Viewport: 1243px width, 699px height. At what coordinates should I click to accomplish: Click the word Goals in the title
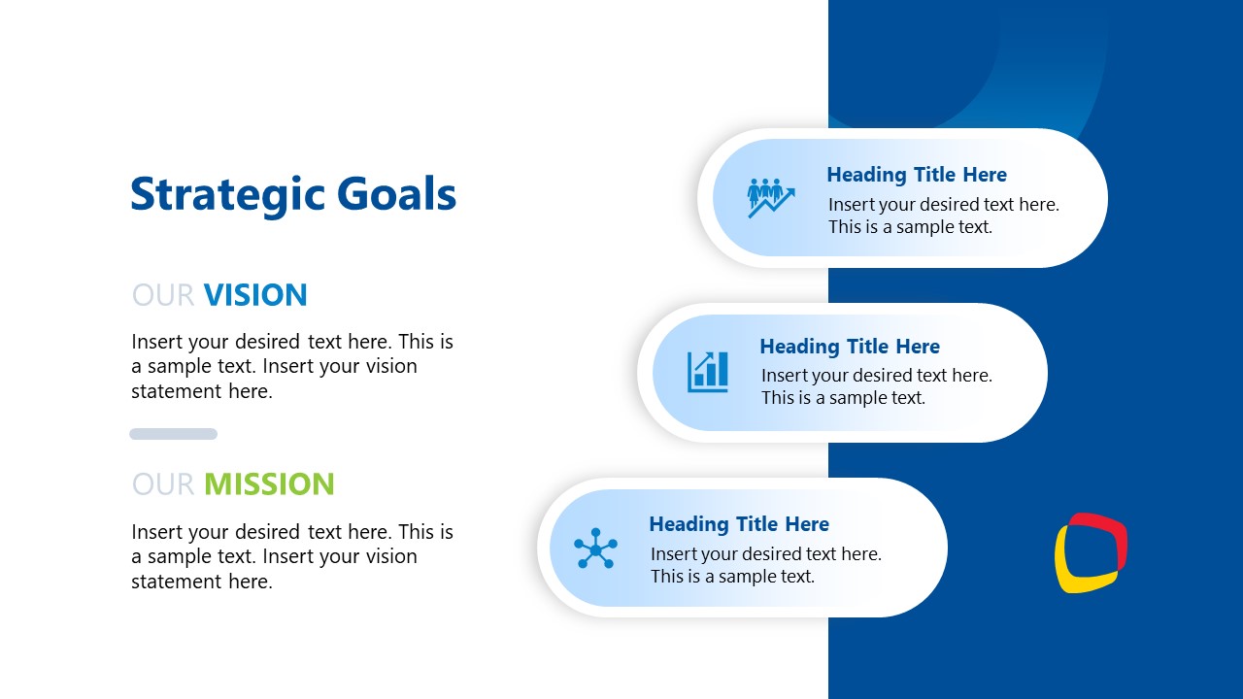396,194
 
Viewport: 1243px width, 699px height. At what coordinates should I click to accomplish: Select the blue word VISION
255,295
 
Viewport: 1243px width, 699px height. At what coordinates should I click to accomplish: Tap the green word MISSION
269,483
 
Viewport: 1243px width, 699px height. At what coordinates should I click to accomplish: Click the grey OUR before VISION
163,295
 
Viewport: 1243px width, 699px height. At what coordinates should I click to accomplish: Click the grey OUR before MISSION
163,483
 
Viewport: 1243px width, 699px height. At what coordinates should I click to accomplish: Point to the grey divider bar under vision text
173,434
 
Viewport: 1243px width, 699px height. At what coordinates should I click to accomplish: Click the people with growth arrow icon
771,197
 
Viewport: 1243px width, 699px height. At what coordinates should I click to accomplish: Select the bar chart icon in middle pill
708,372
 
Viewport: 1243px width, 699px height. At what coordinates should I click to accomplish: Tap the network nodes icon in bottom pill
595,549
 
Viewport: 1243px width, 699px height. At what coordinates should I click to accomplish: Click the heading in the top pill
916,175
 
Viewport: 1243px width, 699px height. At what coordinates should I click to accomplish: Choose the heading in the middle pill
849,347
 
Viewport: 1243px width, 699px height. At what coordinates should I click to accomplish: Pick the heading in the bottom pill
738,524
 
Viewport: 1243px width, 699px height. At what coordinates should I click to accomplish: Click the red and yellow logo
1091,552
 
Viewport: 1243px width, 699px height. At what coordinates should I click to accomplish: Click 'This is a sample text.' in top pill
909,227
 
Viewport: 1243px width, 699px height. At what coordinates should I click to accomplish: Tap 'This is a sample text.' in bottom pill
731,576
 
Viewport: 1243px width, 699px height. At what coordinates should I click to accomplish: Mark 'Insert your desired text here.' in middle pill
876,375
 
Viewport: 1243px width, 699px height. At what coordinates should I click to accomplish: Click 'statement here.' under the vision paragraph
201,391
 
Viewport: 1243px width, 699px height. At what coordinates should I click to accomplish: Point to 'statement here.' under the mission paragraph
201,582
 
